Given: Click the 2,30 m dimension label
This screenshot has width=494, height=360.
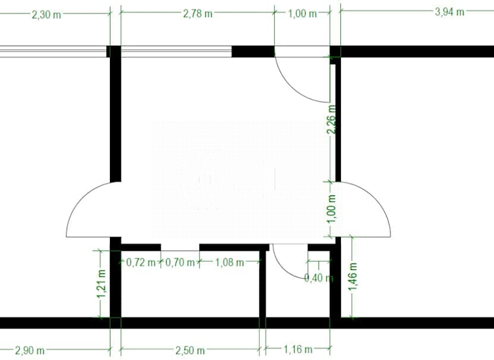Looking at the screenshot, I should (46, 15).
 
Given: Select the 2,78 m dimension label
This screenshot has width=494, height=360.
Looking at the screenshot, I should (197, 14).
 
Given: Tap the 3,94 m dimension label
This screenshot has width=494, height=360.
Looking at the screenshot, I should (450, 12).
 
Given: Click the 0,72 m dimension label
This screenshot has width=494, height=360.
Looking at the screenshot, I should (141, 262).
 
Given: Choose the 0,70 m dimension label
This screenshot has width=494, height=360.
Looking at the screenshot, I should (180, 262).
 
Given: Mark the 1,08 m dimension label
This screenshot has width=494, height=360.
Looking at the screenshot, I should (229, 262).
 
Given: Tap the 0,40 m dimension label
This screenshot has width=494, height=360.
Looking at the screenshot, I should (318, 278).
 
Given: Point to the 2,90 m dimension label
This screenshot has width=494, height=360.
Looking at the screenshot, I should (30, 350).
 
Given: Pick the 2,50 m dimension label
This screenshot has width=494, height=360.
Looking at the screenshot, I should (190, 350).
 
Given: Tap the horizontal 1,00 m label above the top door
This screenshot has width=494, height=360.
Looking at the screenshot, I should (302, 14).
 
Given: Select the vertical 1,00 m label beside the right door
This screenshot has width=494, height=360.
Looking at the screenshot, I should (332, 209).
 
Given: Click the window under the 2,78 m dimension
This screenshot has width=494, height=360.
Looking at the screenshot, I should (176, 51).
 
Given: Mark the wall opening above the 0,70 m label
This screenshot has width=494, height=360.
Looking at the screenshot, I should (180, 247).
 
